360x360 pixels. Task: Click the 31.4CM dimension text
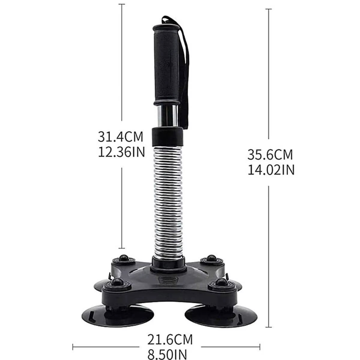[121, 137]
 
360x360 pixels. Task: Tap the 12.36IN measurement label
[121, 152]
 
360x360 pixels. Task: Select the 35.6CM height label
[270, 155]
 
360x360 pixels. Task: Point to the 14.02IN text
[271, 170]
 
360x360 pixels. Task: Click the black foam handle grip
[167, 64]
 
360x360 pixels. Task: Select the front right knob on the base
[221, 282]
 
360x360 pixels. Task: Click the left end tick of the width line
[73, 347]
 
